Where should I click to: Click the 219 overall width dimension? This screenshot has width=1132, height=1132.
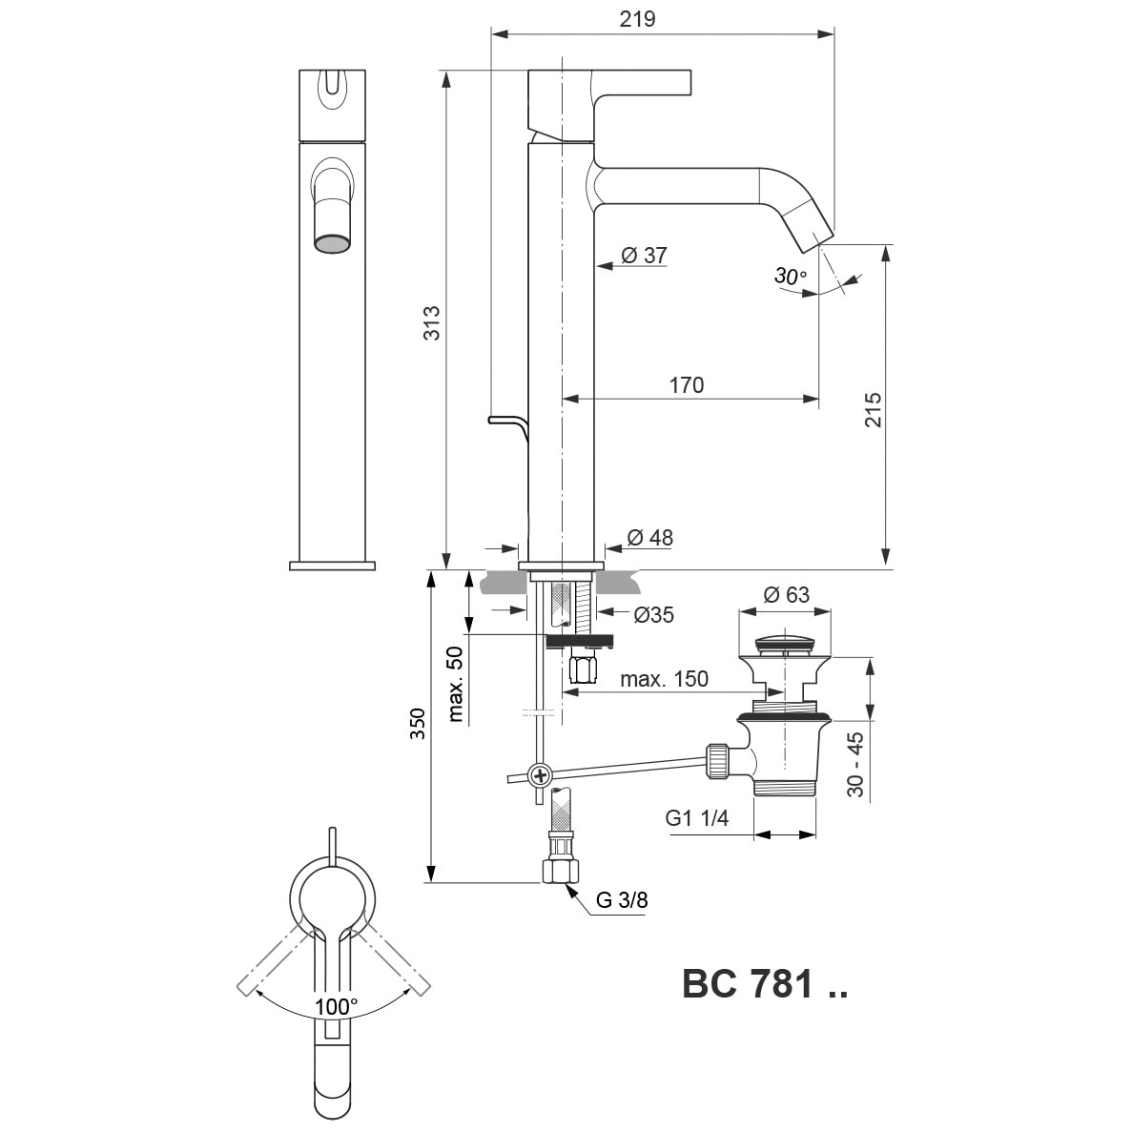(637, 19)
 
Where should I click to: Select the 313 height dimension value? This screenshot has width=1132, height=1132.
(431, 324)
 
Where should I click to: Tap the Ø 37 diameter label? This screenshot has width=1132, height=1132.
(644, 256)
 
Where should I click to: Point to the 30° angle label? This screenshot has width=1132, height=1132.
(791, 277)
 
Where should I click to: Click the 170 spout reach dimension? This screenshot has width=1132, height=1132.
(686, 384)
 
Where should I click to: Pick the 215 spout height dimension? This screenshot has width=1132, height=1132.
(873, 410)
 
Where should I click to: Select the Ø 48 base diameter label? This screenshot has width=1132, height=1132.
(649, 538)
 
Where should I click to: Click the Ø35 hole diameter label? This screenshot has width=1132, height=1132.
(653, 615)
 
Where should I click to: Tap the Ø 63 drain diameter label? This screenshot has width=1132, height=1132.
(786, 595)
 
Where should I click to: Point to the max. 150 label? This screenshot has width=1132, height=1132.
(664, 679)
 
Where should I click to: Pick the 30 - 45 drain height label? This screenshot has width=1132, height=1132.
(854, 764)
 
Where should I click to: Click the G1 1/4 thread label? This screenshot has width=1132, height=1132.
(697, 818)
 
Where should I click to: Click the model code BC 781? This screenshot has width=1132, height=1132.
(764, 985)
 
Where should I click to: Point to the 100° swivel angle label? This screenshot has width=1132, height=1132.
(337, 1006)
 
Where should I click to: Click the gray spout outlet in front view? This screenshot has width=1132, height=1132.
(332, 244)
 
